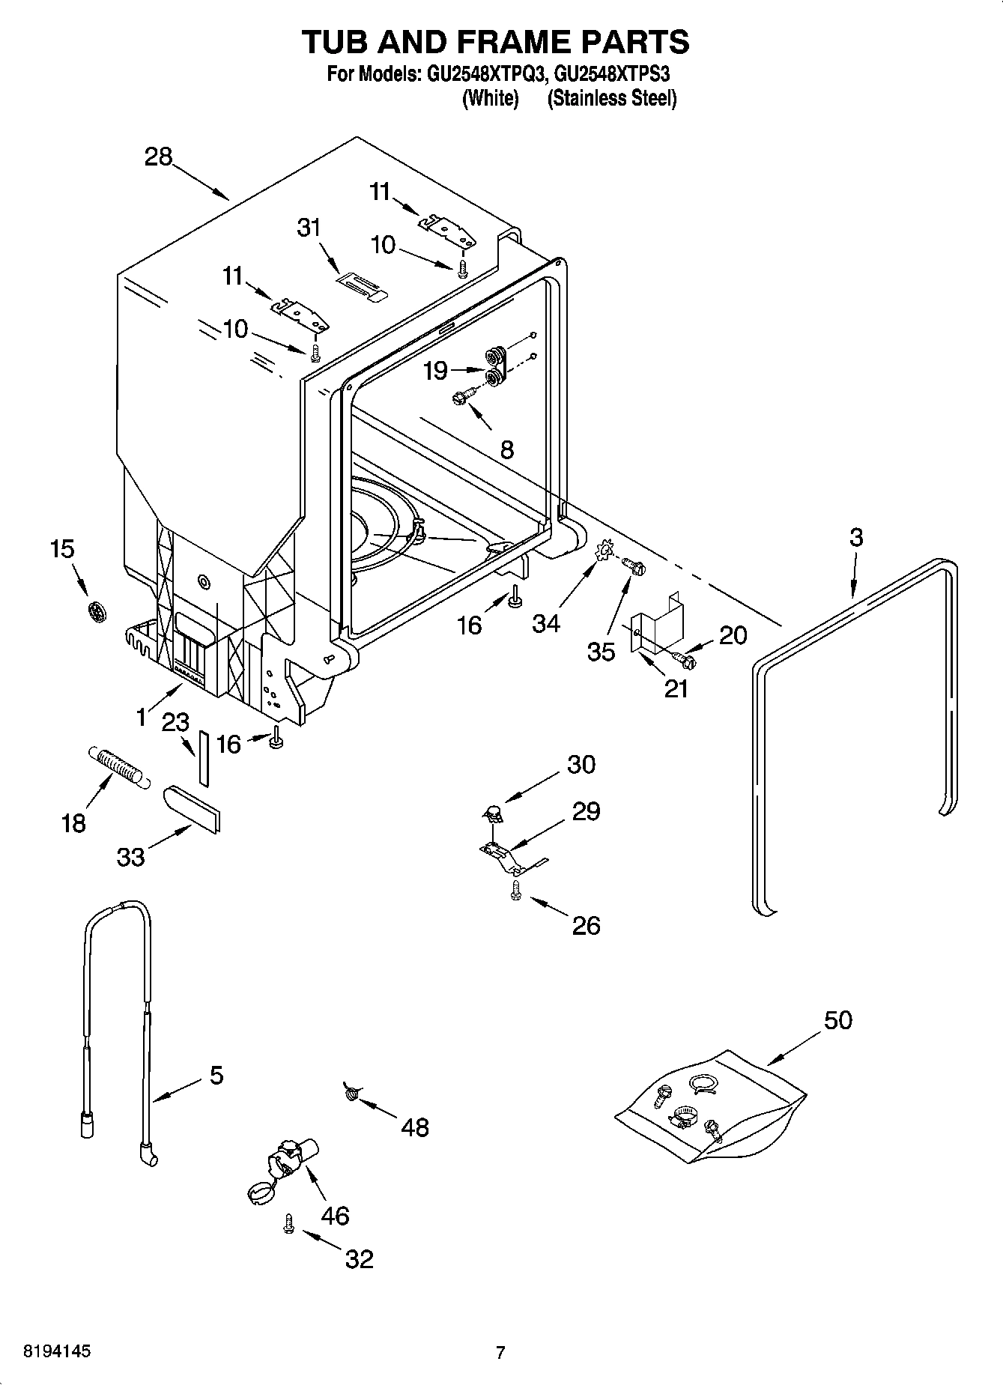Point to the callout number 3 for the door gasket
point(855,537)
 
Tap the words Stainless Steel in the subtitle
point(612,98)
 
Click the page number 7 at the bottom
point(500,1352)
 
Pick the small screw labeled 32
point(288,1223)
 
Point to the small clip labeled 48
point(351,1093)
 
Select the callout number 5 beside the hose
point(216,1076)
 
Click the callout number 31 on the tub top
point(309,228)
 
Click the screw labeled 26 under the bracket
point(515,889)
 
